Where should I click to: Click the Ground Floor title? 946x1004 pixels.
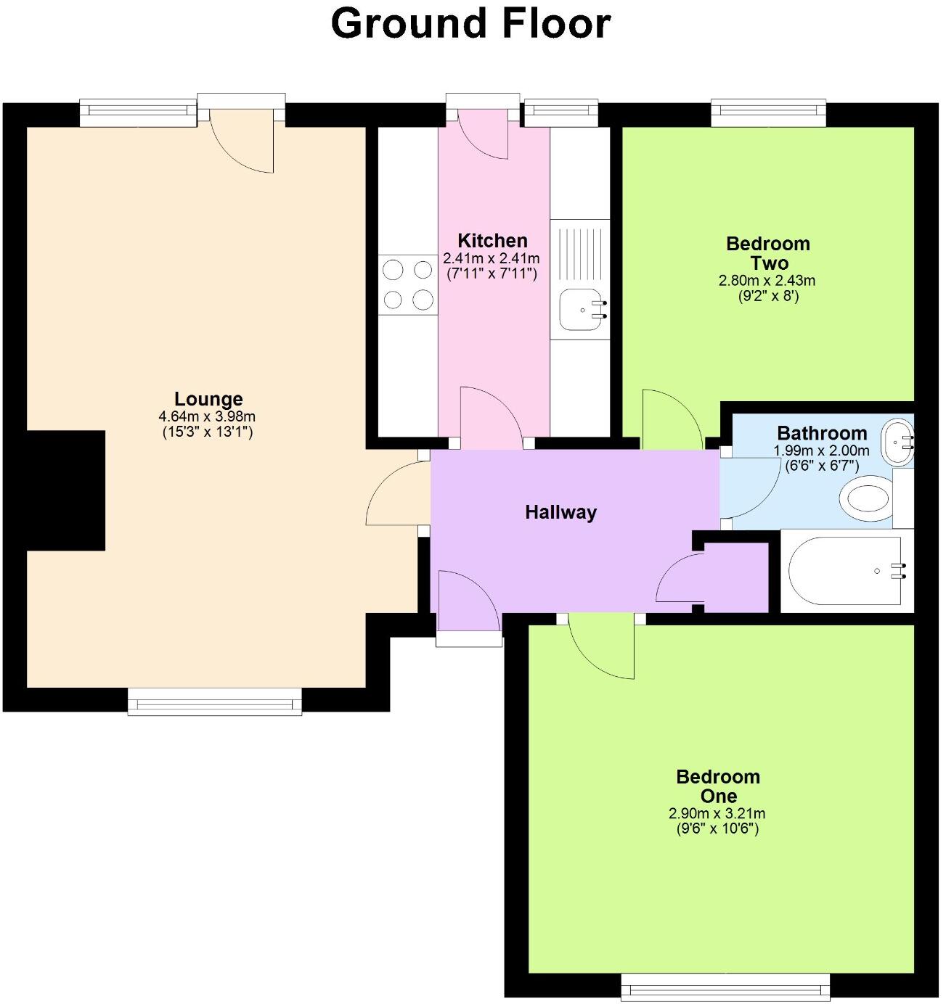(x=470, y=23)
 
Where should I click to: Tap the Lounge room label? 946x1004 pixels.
(x=208, y=399)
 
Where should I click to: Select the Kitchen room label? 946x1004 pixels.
(x=492, y=241)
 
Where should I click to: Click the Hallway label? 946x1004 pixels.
(x=560, y=512)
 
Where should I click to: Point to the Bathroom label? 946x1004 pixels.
(x=822, y=433)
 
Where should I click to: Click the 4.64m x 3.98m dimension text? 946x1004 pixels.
(x=207, y=416)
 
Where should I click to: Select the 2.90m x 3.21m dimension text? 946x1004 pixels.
(x=717, y=814)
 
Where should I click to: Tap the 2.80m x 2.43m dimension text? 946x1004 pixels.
(x=767, y=281)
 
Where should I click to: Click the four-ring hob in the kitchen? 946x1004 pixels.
(x=407, y=284)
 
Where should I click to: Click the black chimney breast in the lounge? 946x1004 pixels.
(x=65, y=490)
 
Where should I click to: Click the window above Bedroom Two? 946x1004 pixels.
(x=769, y=110)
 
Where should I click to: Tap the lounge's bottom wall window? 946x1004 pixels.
(x=215, y=701)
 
